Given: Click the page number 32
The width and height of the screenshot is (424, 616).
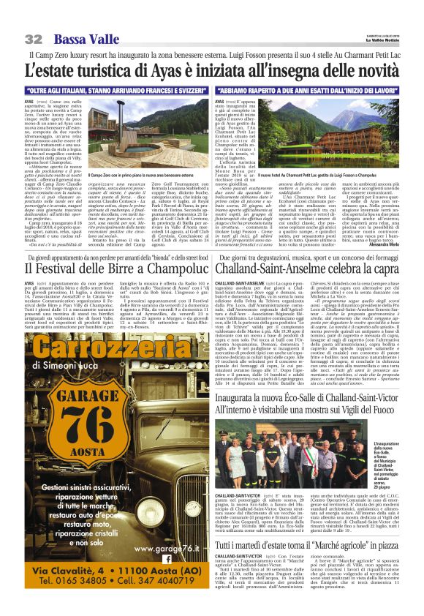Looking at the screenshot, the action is point(33,38).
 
